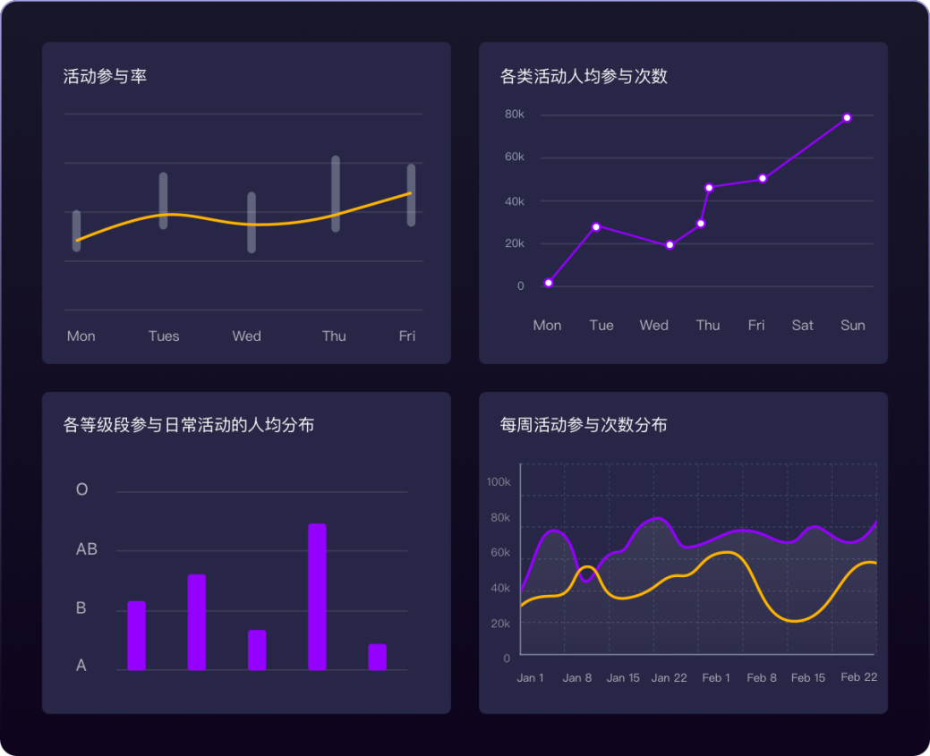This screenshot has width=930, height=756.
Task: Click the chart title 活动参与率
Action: [105, 77]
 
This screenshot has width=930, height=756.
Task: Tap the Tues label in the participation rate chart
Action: [164, 336]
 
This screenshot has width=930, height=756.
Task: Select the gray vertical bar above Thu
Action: [336, 193]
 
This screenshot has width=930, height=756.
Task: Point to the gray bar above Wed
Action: [252, 222]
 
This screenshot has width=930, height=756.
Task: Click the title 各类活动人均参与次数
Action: [584, 77]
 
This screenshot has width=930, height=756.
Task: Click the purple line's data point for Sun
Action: [847, 118]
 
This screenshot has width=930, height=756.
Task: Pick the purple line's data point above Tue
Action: [596, 226]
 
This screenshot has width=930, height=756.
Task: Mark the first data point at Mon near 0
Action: [549, 284]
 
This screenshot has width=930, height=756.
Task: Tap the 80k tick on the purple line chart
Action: [514, 115]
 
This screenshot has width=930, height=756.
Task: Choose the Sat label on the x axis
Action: [803, 326]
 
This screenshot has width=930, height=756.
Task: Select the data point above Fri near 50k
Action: [763, 179]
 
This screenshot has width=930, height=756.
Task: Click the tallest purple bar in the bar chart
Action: [317, 596]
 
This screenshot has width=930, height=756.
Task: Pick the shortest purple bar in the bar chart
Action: [377, 657]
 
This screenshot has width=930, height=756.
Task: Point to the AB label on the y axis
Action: [87, 549]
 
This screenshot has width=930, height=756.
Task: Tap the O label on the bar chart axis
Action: [82, 490]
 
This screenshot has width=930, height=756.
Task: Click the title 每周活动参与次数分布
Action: [584, 425]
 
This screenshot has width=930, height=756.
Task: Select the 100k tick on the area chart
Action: [499, 482]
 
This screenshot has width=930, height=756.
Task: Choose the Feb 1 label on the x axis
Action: [716, 678]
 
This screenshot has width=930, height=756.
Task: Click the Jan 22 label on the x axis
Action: [669, 678]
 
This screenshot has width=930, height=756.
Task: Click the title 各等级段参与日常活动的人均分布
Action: [189, 425]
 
